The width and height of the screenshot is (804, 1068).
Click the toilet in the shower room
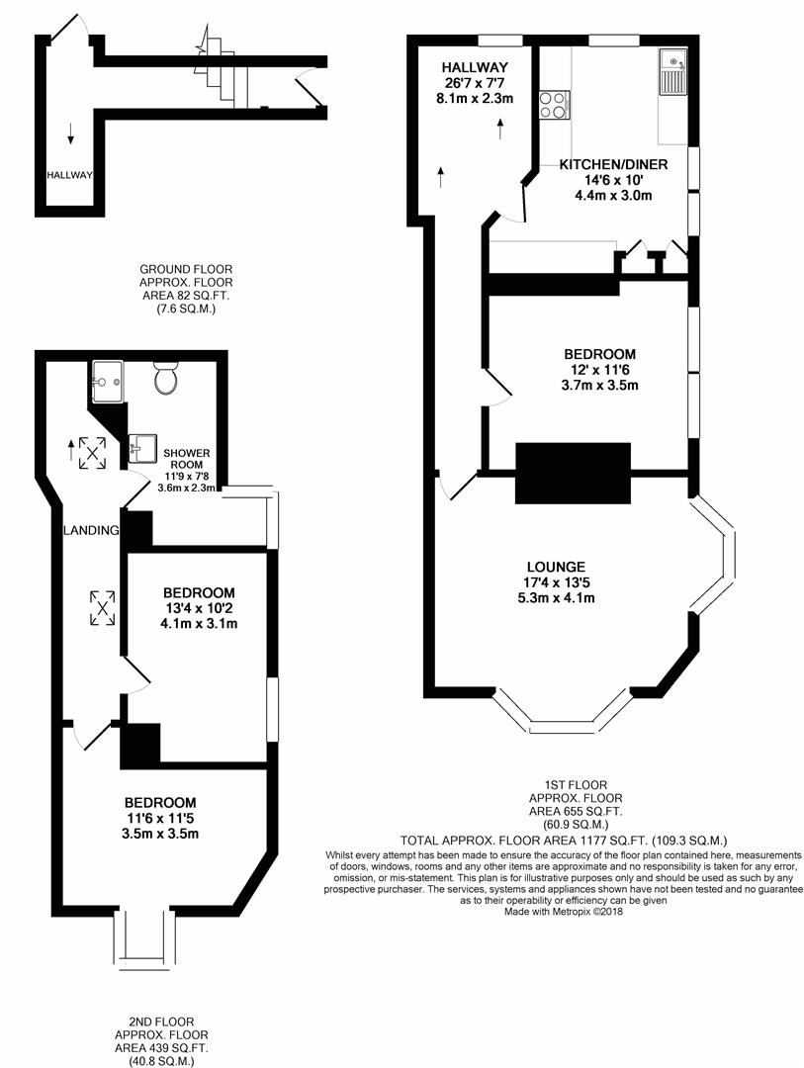[165, 378]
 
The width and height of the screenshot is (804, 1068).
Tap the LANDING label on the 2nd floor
[92, 530]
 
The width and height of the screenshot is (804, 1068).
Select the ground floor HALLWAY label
[69, 175]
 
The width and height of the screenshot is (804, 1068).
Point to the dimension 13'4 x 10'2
[199, 608]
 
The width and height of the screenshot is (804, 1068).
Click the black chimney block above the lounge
[574, 474]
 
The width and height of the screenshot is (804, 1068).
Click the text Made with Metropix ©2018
[564, 912]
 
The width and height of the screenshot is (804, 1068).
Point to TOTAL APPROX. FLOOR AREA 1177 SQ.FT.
[565, 839]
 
